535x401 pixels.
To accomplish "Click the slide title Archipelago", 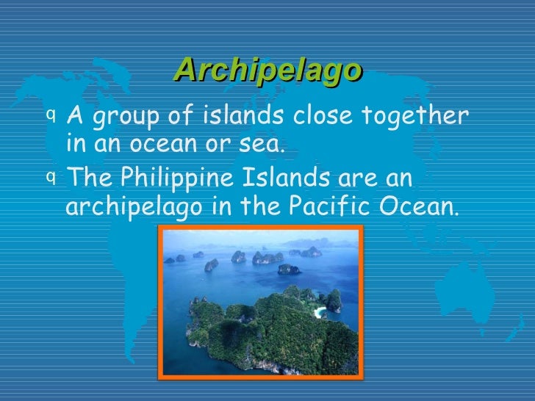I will [268, 71].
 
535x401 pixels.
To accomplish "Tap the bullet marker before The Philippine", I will [49, 176].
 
